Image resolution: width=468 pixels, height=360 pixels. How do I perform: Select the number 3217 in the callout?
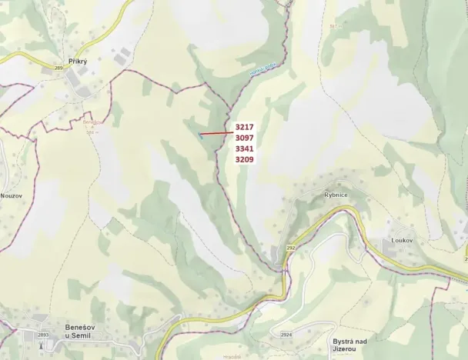click(x=245, y=127)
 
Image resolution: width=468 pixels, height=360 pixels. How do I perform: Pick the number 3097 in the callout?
click(x=245, y=138)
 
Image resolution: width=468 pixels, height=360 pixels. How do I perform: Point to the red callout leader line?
click(x=216, y=133)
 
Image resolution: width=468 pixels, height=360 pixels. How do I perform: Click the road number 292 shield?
click(x=291, y=248)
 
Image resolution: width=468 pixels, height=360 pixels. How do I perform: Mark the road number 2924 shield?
click(x=286, y=335)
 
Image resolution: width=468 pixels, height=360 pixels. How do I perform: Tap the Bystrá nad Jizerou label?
click(x=353, y=345)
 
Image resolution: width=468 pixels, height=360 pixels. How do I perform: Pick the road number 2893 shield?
click(x=42, y=335)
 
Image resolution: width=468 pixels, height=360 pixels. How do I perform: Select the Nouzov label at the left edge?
click(x=11, y=195)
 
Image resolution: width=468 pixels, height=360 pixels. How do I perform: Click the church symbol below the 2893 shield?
click(x=42, y=344)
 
